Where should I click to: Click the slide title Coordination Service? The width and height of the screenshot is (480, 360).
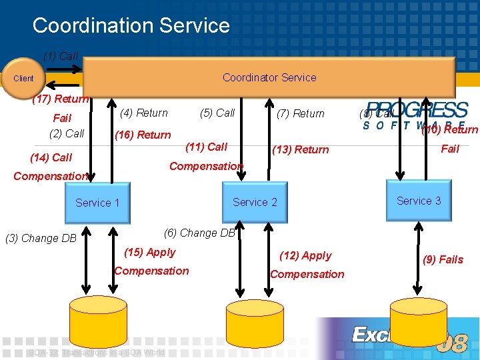131,25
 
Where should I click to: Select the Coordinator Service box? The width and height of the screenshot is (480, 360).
269,77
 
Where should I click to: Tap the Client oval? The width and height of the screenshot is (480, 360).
24,79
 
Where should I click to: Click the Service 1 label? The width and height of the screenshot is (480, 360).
97,203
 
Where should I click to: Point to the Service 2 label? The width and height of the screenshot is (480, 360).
255,202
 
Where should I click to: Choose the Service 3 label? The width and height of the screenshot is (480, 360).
419,201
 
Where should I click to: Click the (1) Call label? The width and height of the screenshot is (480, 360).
61,57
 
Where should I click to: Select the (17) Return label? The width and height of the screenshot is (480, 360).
61,99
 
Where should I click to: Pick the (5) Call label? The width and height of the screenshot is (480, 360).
217,113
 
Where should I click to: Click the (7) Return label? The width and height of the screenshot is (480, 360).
300,114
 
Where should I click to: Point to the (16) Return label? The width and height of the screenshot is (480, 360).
143,135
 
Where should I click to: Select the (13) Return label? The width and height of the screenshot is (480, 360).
300,149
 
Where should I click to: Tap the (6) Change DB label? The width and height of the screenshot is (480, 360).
200,233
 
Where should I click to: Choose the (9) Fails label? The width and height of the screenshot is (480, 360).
443,259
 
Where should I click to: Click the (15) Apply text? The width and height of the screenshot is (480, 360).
150,252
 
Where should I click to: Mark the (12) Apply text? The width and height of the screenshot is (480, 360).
306,255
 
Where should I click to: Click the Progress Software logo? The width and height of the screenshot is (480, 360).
417,115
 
